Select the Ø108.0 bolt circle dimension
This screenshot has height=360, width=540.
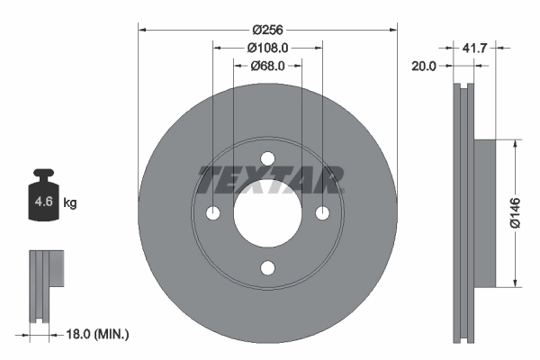tap(266, 48)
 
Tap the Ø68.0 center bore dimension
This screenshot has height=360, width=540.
tap(266, 65)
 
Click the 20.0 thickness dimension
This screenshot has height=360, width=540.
tap(423, 66)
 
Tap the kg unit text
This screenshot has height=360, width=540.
tap(70, 203)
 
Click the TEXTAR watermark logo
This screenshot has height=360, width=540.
tap(268, 180)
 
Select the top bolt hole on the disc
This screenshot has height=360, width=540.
tap(267, 159)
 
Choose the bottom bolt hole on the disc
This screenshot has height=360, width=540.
tap(267, 267)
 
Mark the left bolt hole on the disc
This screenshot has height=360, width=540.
tap(213, 213)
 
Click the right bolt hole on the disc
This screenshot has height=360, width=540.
tap(321, 213)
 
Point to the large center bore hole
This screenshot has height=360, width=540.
tap(267, 213)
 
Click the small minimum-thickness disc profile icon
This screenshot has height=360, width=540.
tap(44, 286)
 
